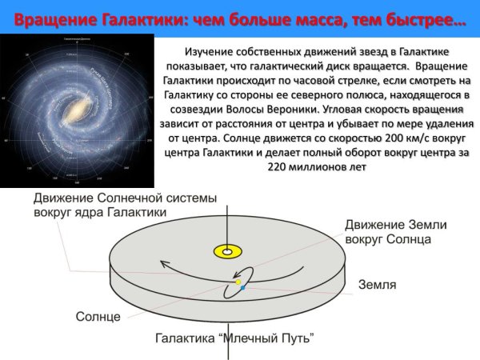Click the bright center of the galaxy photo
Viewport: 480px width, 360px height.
pyautogui.click(x=80, y=104)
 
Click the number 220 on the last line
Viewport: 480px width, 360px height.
pyautogui.click(x=275, y=167)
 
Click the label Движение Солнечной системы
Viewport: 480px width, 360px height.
pyautogui.click(x=100, y=198)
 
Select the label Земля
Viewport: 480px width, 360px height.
pyautogui.click(x=377, y=284)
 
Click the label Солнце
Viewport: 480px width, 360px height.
pyautogui.click(x=98, y=317)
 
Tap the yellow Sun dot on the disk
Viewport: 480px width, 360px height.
pyautogui.click(x=238, y=282)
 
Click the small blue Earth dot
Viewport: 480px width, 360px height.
pyautogui.click(x=242, y=287)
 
